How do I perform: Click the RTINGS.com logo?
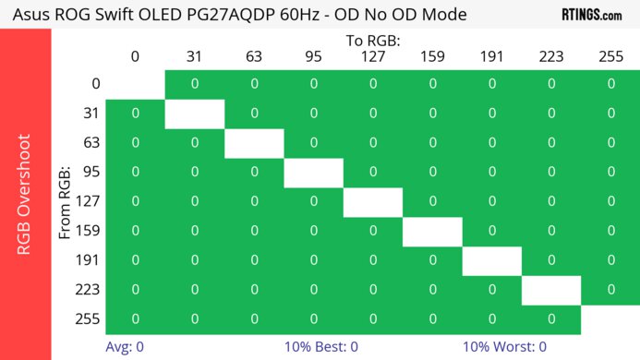click(x=591, y=15)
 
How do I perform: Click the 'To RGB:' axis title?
click(x=372, y=41)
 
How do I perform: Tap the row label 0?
click(x=95, y=84)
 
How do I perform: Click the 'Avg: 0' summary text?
click(x=125, y=347)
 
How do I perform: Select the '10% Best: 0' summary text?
click(x=321, y=347)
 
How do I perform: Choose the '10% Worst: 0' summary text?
click(x=504, y=347)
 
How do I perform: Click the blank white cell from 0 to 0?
click(x=135, y=84)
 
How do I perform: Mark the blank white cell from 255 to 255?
click(x=610, y=319)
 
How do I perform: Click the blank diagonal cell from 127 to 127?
click(x=372, y=202)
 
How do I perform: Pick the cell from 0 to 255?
click(x=610, y=84)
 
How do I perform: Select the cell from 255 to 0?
click(x=135, y=319)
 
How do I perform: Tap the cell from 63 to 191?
click(x=491, y=143)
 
